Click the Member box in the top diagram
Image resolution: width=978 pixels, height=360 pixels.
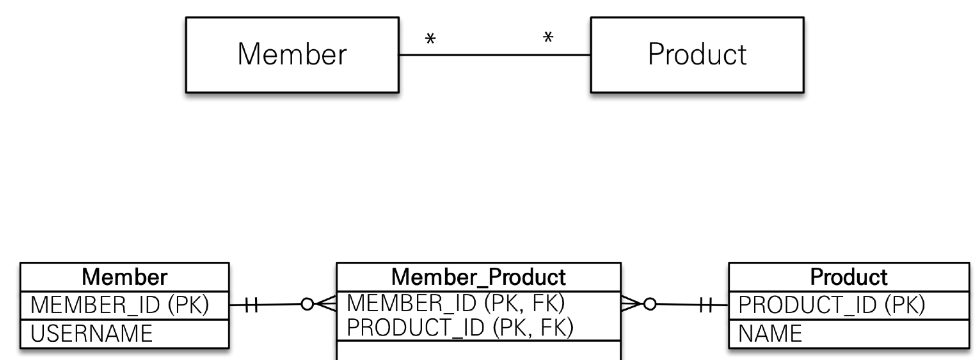click(x=291, y=54)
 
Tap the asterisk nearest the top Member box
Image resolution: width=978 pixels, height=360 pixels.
click(x=430, y=38)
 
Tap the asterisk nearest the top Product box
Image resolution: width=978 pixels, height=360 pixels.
click(x=548, y=38)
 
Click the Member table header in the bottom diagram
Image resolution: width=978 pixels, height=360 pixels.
click(x=124, y=275)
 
